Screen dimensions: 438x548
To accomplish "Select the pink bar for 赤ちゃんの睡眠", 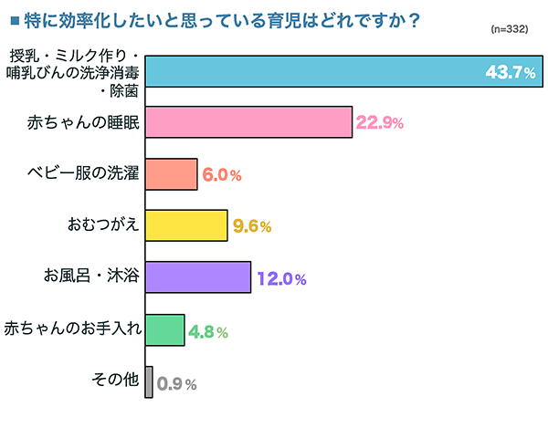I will (248, 122).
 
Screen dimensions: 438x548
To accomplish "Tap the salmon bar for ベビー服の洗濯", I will (171, 174).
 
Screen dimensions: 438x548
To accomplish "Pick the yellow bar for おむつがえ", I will (186, 225).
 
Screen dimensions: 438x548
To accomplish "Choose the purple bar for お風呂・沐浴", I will (197, 277).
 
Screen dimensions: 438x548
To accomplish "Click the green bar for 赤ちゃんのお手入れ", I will (164, 329).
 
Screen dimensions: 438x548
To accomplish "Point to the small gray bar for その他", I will (149, 381).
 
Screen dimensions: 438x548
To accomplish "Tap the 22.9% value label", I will (379, 123).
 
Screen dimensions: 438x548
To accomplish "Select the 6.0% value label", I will (221, 175).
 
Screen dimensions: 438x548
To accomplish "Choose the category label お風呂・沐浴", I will (91, 276).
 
